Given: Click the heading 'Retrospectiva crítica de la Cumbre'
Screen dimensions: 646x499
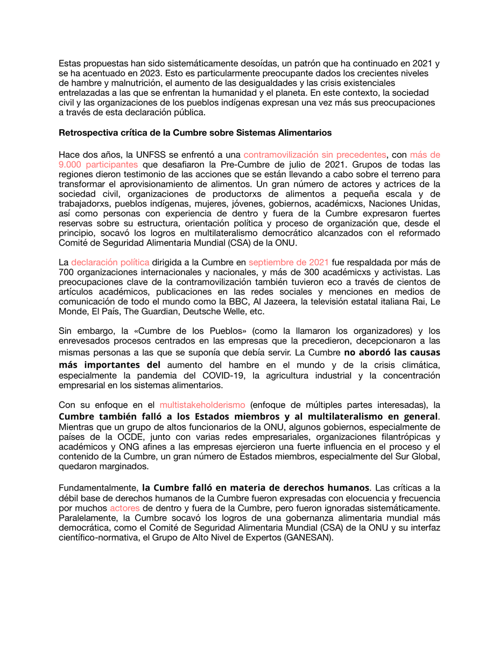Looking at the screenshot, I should click(195, 132).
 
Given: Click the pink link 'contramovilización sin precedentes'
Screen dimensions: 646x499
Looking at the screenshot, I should click(315, 155).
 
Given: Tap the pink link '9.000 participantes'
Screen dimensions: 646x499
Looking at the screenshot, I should click(98, 164).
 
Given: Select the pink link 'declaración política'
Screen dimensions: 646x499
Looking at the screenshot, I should click(110, 262).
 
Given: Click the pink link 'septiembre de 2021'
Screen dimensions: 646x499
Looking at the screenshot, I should click(289, 262).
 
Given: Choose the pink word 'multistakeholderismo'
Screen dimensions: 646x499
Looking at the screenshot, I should click(202, 404).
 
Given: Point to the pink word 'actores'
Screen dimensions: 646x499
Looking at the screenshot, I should click(124, 508).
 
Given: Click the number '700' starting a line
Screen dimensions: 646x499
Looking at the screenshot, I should click(66, 272).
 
